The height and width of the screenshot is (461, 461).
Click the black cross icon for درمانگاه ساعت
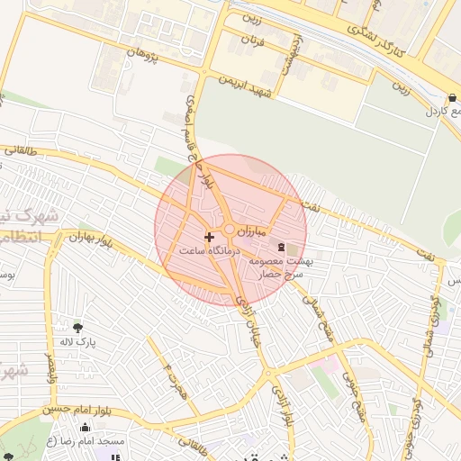210,237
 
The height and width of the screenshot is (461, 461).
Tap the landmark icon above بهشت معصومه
282,247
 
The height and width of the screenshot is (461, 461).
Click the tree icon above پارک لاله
77,327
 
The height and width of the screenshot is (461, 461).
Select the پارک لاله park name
77,342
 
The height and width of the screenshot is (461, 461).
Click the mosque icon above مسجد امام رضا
86,428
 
